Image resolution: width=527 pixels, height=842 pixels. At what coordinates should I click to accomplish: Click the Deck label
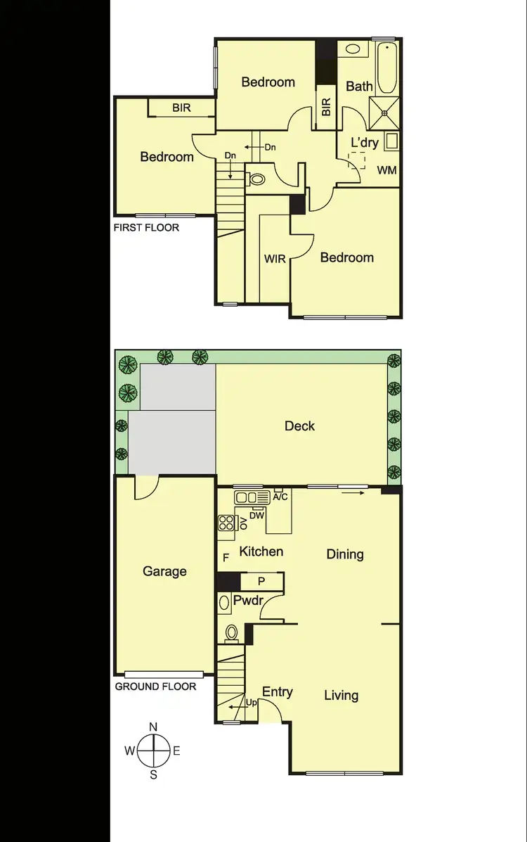click(x=299, y=426)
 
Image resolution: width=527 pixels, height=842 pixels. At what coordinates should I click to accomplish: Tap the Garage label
click(x=164, y=571)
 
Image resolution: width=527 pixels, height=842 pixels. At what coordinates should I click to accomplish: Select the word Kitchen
click(x=261, y=551)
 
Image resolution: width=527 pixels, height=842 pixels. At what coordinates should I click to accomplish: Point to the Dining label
click(x=345, y=554)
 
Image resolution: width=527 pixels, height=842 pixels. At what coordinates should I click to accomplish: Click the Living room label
click(x=341, y=696)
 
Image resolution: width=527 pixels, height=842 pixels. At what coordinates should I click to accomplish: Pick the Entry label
click(x=277, y=692)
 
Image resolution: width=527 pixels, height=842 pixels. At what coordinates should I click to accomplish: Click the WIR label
click(x=275, y=259)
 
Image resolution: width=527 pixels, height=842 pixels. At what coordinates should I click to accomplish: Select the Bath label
click(x=360, y=87)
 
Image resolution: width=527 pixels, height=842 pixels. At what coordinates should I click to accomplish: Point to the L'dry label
click(x=365, y=143)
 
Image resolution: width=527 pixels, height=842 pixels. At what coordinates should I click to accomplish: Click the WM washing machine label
click(x=386, y=170)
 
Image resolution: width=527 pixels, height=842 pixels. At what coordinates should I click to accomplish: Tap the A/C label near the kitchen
click(x=281, y=496)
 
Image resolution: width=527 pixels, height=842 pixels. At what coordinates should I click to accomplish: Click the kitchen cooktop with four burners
click(x=226, y=523)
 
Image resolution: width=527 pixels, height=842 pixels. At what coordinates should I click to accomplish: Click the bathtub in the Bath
click(x=386, y=69)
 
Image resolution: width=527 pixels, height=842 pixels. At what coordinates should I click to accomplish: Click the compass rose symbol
click(x=153, y=751)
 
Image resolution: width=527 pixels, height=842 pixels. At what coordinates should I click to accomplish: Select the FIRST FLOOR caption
click(x=146, y=227)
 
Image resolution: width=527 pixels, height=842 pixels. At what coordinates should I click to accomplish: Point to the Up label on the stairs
click(x=251, y=703)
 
